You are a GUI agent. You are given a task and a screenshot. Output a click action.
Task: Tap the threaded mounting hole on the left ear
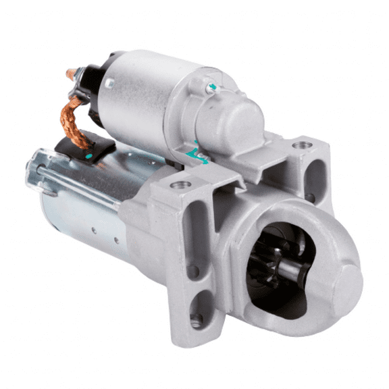click(x=180, y=185)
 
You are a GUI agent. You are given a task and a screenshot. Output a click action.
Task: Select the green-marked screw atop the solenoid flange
click(x=213, y=86)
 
